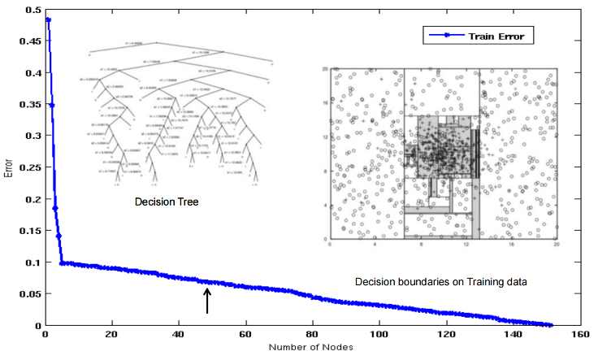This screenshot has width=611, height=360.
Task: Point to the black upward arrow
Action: [207, 301]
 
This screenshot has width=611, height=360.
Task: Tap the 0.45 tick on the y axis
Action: [33, 41]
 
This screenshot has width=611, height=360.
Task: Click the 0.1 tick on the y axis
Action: [36, 262]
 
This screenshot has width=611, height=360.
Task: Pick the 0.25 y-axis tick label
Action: [33, 167]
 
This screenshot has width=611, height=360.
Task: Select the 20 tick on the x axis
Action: [112, 335]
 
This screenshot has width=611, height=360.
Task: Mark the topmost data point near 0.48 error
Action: [49, 20]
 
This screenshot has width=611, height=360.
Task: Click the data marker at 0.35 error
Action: [52, 105]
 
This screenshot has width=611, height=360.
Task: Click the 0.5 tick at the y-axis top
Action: [36, 9]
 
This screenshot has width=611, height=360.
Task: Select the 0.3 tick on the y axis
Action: [36, 136]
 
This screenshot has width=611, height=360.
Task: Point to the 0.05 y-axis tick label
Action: [33, 294]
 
